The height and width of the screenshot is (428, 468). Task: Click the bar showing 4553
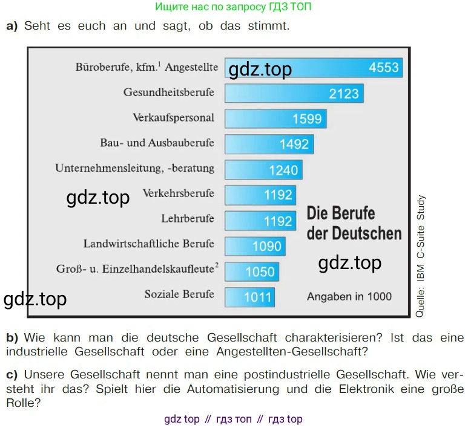tap(314, 68)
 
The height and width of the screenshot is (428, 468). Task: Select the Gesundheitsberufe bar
tap(294, 93)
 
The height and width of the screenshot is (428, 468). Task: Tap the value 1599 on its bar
tap(306, 118)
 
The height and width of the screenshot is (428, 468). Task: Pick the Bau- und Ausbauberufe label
tap(157, 143)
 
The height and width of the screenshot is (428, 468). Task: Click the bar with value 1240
tap(263, 169)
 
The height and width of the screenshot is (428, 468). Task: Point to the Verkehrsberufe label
tap(178, 193)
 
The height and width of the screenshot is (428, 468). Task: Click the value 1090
tap(267, 246)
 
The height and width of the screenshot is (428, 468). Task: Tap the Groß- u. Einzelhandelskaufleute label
tap(137, 268)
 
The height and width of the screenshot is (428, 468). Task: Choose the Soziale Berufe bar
tap(249, 297)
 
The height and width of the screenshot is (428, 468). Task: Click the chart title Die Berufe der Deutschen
tap(354, 222)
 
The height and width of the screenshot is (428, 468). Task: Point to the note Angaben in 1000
tap(349, 297)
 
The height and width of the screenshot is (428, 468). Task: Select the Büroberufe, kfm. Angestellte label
tap(147, 68)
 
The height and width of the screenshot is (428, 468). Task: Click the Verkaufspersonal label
tap(173, 117)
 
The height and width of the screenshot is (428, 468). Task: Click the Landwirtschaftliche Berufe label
tap(148, 244)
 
